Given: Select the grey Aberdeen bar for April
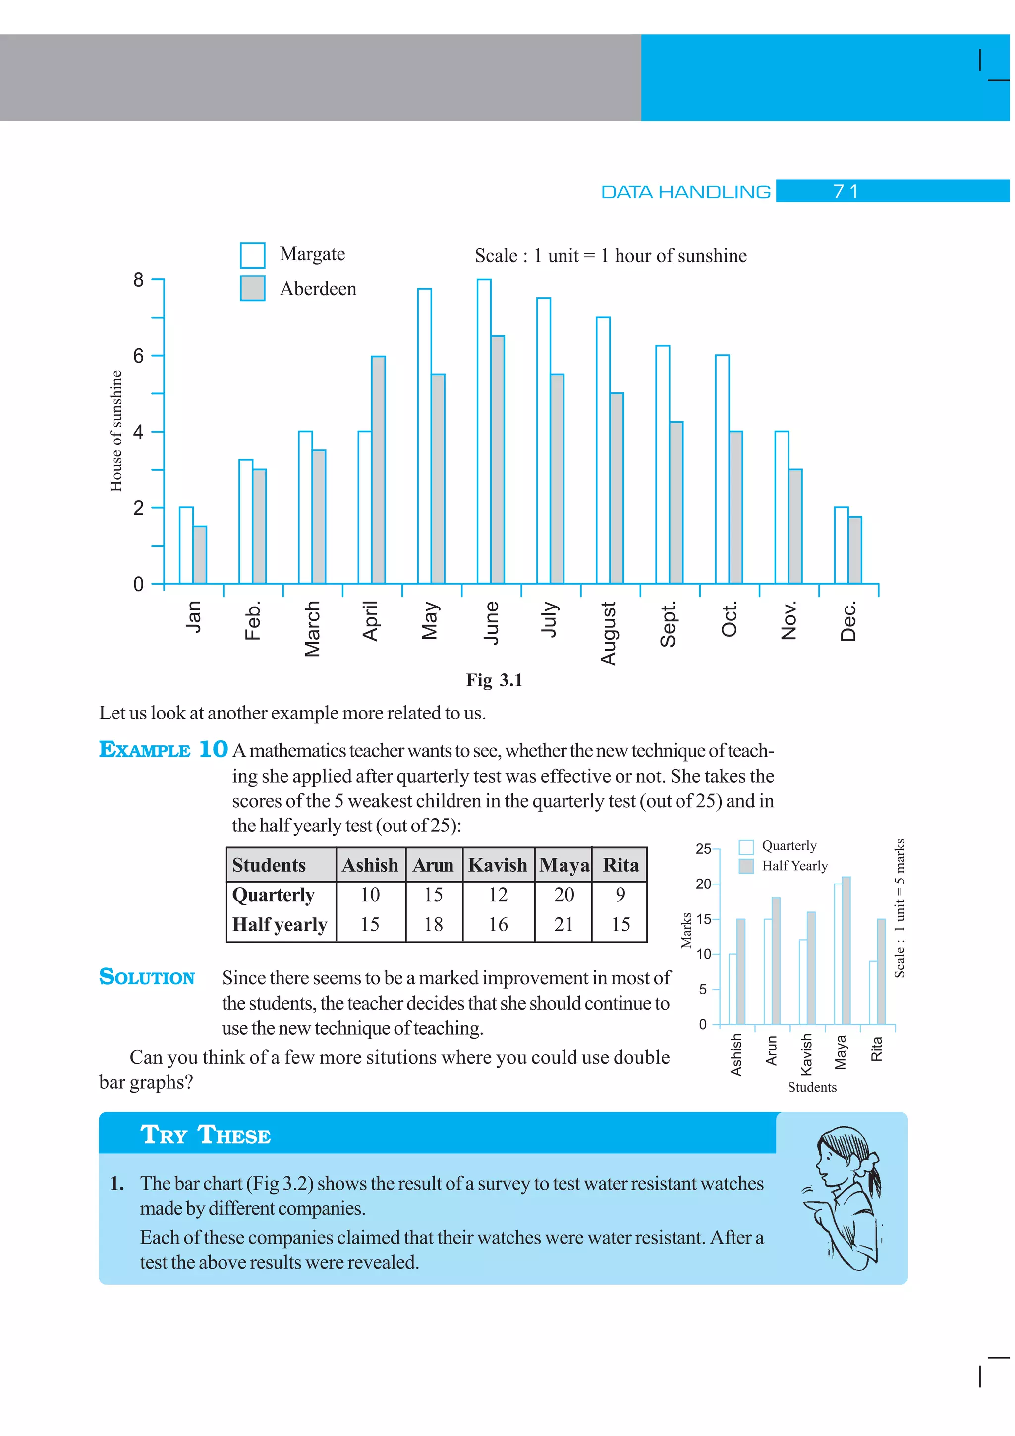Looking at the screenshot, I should coord(378,470).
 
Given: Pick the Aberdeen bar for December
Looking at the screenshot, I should coord(855,551).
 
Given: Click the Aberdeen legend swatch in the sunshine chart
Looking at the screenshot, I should coord(253,288).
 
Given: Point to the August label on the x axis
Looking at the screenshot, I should coord(609,633).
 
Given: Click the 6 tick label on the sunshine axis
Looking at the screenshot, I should coord(138,356).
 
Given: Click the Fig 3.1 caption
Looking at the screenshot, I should coord(494,680).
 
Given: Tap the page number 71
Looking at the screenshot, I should coord(846,191).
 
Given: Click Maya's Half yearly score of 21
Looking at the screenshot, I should coord(564,925).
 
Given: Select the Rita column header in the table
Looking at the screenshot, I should coord(620,865).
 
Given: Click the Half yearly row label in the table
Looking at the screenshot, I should coord(280,925).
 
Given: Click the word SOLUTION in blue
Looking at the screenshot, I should coord(147,977).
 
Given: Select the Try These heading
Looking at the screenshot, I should coord(205,1135).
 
